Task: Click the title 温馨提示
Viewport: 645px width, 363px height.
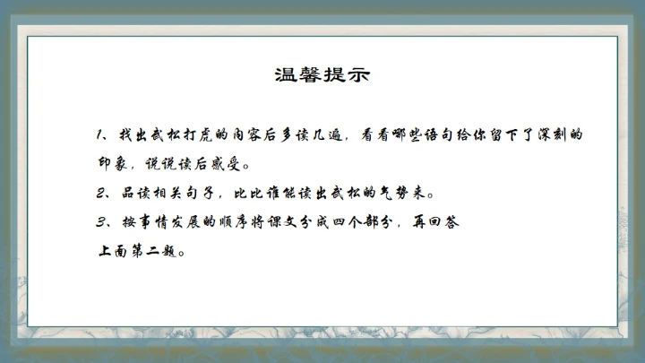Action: click(322, 73)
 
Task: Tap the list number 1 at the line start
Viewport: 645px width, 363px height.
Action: click(99, 135)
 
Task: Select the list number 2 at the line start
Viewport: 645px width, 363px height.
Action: click(100, 193)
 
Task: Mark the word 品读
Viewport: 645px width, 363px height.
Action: click(135, 193)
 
